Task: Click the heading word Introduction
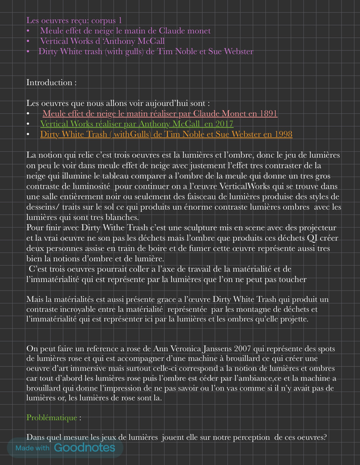point(49,83)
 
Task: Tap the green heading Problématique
point(50,417)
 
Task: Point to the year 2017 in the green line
point(223,124)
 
